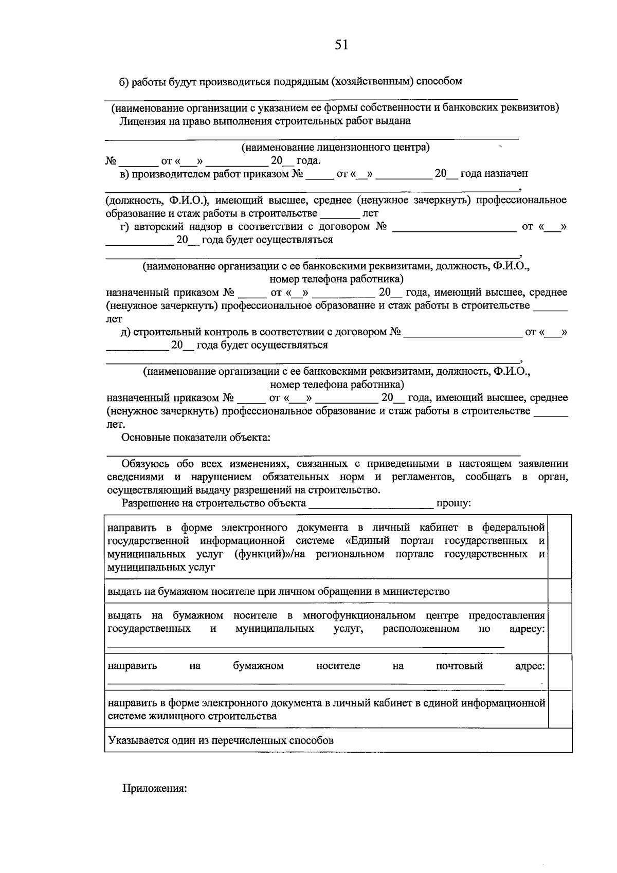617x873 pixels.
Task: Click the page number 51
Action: pyautogui.click(x=341, y=45)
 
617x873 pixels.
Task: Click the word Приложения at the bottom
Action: pyautogui.click(x=154, y=788)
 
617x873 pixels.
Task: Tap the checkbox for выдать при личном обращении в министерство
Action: pyautogui.click(x=560, y=591)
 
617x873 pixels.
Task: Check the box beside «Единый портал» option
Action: pyautogui.click(x=560, y=547)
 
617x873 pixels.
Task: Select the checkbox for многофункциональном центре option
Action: pyautogui.click(x=560, y=628)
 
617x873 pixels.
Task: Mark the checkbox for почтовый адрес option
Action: pyautogui.click(x=560, y=671)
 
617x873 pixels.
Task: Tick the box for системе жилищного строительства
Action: pyautogui.click(x=560, y=709)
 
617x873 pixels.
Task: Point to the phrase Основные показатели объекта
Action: pyautogui.click(x=196, y=438)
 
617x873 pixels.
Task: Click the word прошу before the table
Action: pyautogui.click(x=452, y=503)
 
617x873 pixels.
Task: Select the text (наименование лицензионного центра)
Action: pyautogui.click(x=336, y=148)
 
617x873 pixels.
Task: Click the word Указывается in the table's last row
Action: pyautogui.click(x=135, y=740)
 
